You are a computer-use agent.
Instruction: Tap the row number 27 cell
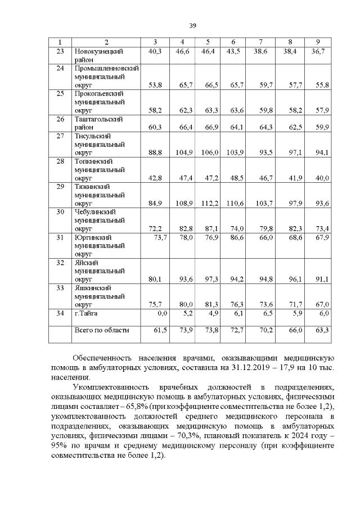pos(60,136)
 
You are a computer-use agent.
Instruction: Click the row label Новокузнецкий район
pos(99,55)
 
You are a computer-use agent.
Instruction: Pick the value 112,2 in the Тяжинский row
pos(208,203)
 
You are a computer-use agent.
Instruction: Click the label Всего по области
pos(101,330)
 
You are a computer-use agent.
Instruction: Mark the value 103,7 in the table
pos(262,203)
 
